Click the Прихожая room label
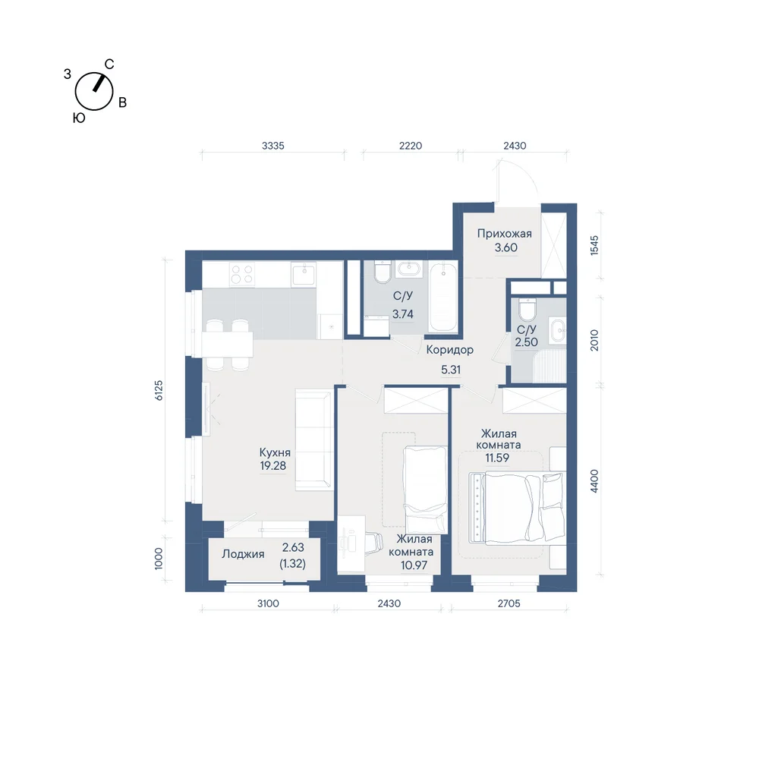[x=505, y=233]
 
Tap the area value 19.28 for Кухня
[x=273, y=466]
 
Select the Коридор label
[x=449, y=349]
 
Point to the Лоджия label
[x=243, y=554]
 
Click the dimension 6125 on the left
[x=159, y=390]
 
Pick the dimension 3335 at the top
[x=273, y=146]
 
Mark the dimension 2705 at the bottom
[x=509, y=603]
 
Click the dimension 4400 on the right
[x=594, y=481]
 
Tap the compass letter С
[x=109, y=64]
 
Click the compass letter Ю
[x=79, y=118]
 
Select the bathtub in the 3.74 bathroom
[x=443, y=298]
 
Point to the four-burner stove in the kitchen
[x=242, y=275]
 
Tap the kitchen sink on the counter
[x=304, y=274]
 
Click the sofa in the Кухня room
[x=314, y=439]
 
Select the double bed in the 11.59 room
[x=518, y=507]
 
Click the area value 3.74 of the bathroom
[x=403, y=314]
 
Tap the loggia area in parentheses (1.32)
[x=293, y=564]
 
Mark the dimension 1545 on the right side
[x=594, y=245]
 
